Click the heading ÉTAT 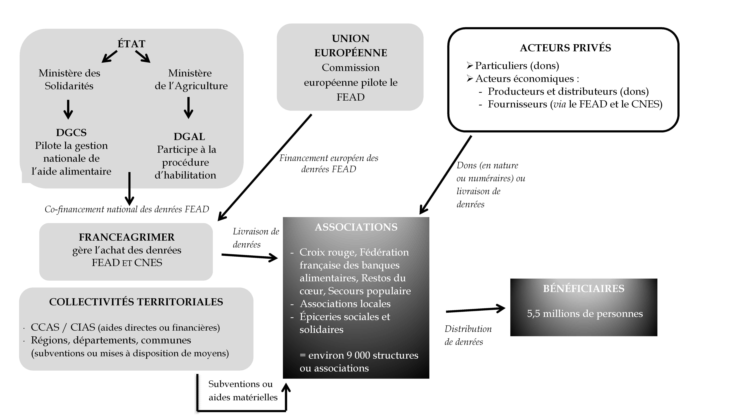pos(131,44)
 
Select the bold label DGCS pos(71,133)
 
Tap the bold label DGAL pos(189,137)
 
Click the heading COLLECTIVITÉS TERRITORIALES pos(136,302)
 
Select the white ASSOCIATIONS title pos(356,227)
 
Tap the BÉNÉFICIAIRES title pos(584,289)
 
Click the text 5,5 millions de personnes pos(585,314)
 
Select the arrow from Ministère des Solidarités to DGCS pos(68,110)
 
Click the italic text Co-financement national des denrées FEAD pos(127,209)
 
